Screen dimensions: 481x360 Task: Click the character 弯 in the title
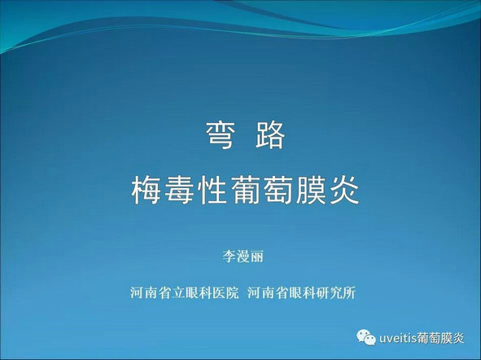coord(221,135)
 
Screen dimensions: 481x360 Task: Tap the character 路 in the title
coord(270,135)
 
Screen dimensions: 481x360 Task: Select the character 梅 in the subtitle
coord(146,191)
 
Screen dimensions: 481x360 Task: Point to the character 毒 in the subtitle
coord(179,191)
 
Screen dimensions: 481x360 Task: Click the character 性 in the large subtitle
coord(212,191)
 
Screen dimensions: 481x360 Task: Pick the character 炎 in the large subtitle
coord(344,191)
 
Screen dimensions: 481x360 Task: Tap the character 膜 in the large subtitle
coord(311,191)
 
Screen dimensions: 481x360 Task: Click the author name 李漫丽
coord(243,257)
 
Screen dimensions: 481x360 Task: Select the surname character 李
coord(230,257)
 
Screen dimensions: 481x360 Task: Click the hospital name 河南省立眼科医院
coord(185,292)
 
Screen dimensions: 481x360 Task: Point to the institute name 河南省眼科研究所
coord(302,292)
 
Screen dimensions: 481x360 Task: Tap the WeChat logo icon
coord(366,337)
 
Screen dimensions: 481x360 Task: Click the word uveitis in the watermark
coord(397,338)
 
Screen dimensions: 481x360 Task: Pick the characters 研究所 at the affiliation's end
coord(335,292)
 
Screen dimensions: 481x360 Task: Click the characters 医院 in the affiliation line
coord(225,292)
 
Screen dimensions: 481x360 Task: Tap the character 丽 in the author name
coord(257,257)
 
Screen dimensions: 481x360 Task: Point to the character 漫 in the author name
coord(243,257)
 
